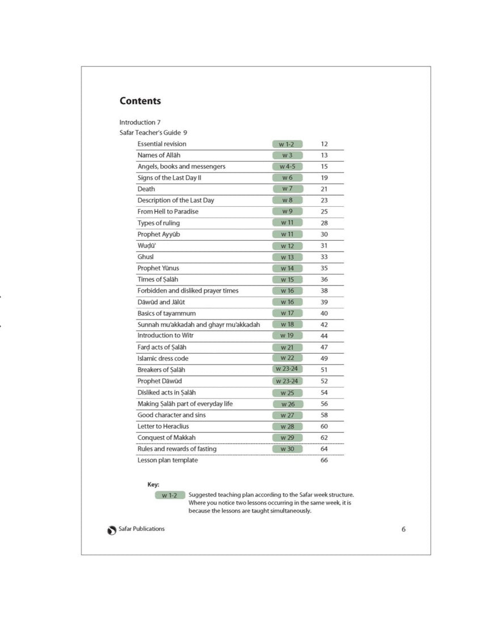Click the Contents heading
pos(140,101)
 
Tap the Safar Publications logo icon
pos(112,530)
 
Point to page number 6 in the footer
pos(403,530)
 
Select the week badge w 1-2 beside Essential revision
pos(287,144)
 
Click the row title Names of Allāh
pos(159,155)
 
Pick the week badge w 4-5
pos(287,167)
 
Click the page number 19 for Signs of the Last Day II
pos(324,178)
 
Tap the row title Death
pos(146,189)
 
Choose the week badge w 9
pos(287,211)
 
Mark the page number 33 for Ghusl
pos(324,257)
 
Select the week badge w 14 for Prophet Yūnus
pos(287,268)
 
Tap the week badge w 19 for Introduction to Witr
pos(287,335)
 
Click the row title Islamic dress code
pos(163,358)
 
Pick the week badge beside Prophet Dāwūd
pos(287,381)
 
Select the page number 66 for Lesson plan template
pos(324,460)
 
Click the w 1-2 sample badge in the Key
pos(170,495)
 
